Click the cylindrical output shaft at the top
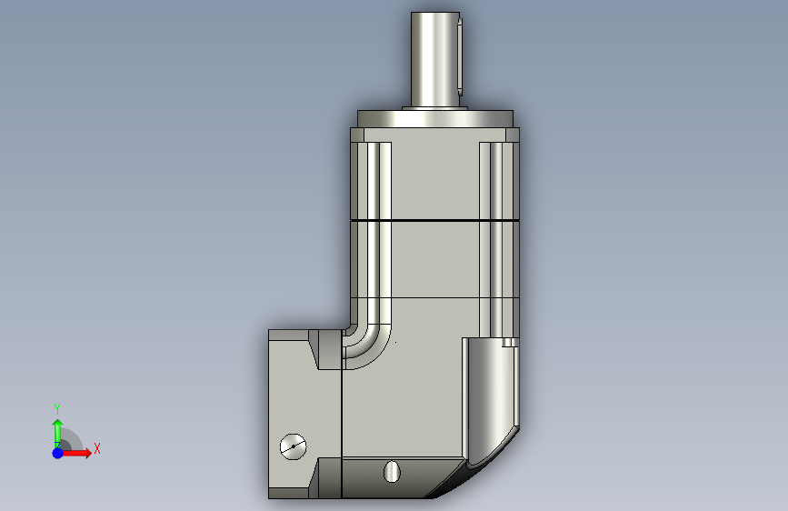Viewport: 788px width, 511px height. (x=435, y=59)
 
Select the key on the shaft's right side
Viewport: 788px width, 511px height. (x=460, y=55)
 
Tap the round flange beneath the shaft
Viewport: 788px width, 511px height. (x=435, y=119)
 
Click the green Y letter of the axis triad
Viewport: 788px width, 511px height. (x=57, y=409)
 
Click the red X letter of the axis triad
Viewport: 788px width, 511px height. (x=97, y=448)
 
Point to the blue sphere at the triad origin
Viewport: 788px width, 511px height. (x=58, y=453)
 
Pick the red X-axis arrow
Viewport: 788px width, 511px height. (x=76, y=453)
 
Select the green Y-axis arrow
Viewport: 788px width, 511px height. (x=58, y=434)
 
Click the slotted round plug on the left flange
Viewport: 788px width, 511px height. (x=293, y=446)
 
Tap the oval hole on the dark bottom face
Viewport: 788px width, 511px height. (x=392, y=472)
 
